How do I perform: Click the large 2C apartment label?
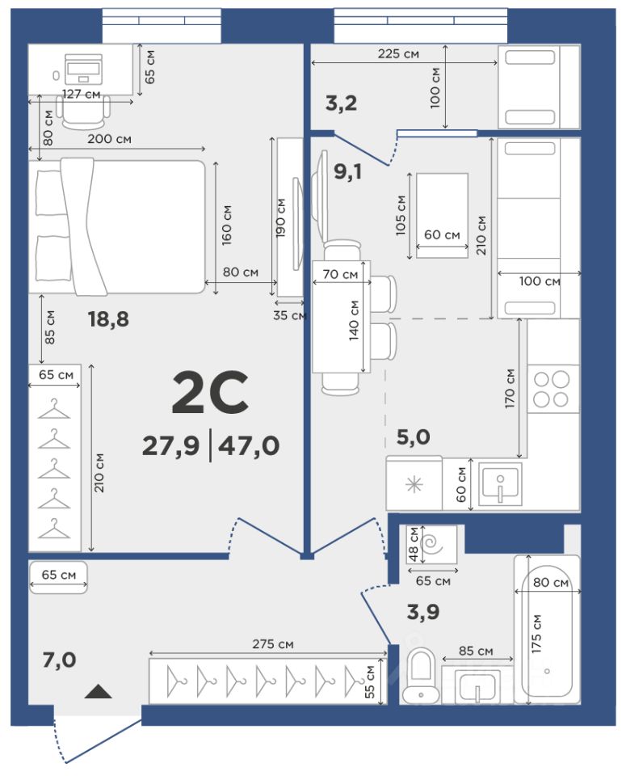tap(210, 393)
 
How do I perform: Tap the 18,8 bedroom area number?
tap(108, 320)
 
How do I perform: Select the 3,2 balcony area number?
tap(341, 104)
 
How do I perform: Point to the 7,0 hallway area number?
tap(59, 660)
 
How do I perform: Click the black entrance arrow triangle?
tap(98, 691)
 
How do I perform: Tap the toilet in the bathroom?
tap(420, 677)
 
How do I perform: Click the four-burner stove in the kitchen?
tap(552, 389)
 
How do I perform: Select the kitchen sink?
tap(500, 484)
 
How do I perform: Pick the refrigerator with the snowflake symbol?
tap(414, 483)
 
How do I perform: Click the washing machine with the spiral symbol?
tap(431, 544)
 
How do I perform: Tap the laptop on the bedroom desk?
tap(83, 69)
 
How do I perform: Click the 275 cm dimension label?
tap(272, 644)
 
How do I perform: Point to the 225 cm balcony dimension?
tap(398, 53)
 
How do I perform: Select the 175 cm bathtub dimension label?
tap(537, 634)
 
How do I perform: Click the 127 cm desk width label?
tap(81, 94)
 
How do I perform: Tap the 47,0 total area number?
tap(249, 446)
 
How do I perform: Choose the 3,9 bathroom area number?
tap(422, 612)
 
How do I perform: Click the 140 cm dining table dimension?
tap(354, 321)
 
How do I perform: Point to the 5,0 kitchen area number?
tap(414, 437)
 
